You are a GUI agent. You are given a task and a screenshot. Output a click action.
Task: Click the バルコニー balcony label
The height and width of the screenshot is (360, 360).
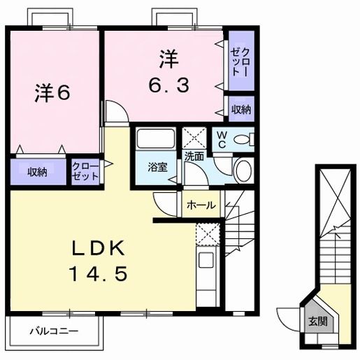(53, 331)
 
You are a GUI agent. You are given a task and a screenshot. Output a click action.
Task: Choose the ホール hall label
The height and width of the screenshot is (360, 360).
(202, 206)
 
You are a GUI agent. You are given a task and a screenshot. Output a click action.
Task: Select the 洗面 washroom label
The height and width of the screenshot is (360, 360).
(194, 157)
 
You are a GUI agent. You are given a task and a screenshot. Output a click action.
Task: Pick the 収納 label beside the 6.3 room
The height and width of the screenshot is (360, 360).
(242, 110)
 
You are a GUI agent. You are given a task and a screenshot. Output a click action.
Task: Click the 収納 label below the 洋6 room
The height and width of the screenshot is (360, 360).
(38, 172)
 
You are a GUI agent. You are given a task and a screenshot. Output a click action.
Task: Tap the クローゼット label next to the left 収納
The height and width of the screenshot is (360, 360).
(85, 172)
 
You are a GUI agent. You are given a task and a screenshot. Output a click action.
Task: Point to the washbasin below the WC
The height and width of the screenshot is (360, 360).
(245, 171)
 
